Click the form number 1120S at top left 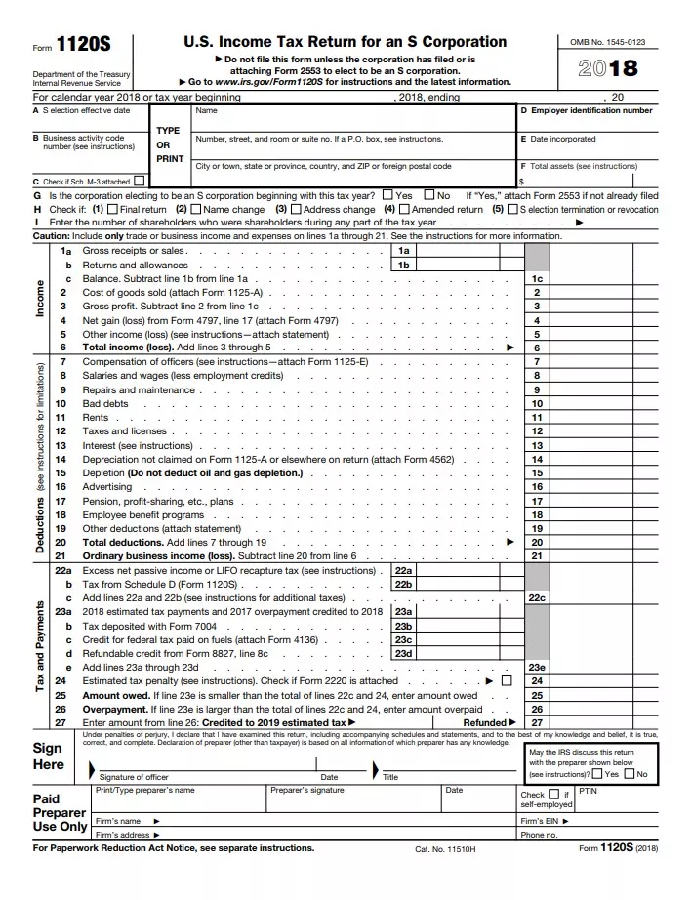83,45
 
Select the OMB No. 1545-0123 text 608,43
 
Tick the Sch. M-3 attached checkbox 141,181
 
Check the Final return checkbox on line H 112,209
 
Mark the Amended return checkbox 404,209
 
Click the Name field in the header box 206,111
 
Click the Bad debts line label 105,403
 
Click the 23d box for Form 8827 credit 403,653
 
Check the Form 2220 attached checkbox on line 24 506,680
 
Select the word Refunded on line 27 484,722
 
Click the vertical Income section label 40,298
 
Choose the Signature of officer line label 134,777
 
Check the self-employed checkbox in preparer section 553,795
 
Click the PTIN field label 588,791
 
